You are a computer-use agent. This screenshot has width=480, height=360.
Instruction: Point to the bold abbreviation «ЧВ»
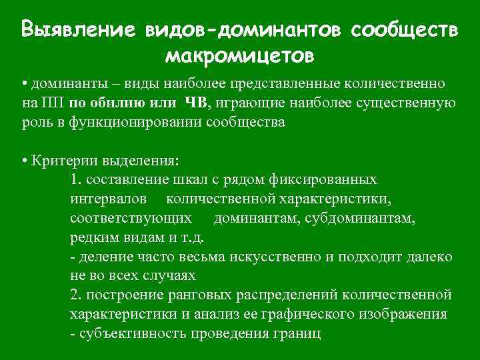coord(198,103)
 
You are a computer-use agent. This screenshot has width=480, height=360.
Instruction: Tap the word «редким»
coord(91,238)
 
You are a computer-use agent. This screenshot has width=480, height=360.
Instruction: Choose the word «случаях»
coord(172,276)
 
